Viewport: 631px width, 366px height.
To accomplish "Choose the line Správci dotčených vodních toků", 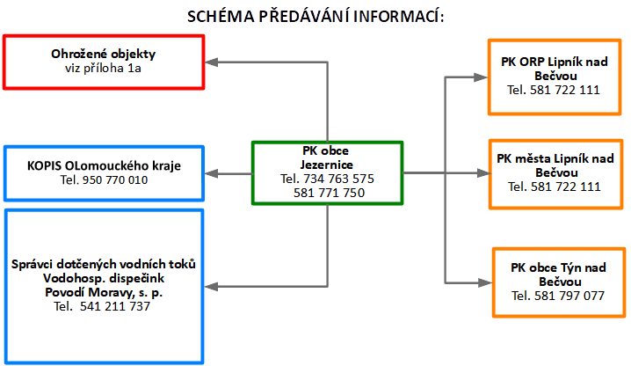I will coord(104,265).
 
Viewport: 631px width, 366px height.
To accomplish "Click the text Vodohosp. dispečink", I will coord(104,278).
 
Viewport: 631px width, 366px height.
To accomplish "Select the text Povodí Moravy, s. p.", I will coord(104,291).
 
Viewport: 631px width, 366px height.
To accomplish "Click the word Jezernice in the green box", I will coord(326,165).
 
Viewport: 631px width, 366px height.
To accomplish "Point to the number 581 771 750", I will coord(329,193).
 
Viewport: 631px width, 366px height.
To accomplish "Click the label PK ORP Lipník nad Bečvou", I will coord(554,70).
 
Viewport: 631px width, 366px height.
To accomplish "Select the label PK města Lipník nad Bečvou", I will coord(554,165).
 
